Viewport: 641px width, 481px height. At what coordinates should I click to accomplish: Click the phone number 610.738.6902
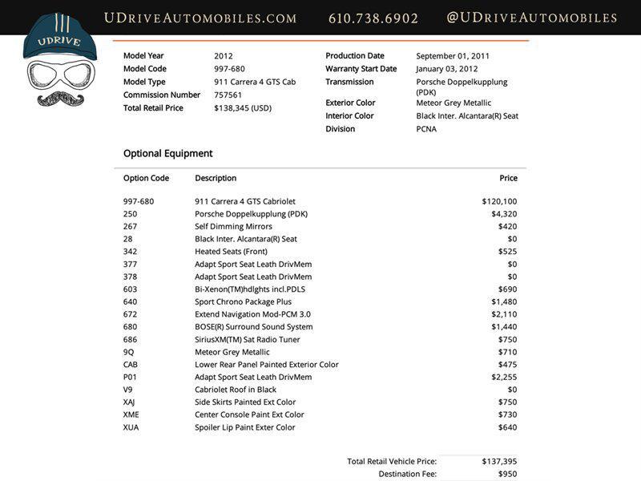click(x=373, y=18)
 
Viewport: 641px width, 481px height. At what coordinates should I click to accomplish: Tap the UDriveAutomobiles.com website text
click(x=200, y=18)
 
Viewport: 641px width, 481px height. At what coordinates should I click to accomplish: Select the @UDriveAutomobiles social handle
click(x=532, y=18)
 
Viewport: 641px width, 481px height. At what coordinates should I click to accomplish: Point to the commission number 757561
click(x=228, y=95)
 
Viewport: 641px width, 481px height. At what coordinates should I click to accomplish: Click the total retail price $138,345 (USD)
click(x=243, y=107)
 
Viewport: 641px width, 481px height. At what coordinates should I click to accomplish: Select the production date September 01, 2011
click(x=453, y=56)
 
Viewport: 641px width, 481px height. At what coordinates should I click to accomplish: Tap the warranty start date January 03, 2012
click(x=447, y=69)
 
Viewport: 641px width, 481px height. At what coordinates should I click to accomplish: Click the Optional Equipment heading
click(x=168, y=153)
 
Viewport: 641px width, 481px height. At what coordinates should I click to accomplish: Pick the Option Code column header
click(x=147, y=178)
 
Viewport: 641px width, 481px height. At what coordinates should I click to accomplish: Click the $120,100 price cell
click(x=499, y=201)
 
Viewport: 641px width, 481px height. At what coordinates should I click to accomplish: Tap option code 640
click(x=131, y=301)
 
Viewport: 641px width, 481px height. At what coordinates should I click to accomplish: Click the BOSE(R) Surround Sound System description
click(x=254, y=327)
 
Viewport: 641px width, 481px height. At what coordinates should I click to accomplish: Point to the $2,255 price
click(x=504, y=377)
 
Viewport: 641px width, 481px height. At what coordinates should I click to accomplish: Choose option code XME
click(x=131, y=414)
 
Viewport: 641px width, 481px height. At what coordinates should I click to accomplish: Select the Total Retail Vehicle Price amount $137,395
click(x=499, y=461)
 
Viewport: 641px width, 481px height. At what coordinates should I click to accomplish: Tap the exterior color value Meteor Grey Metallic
click(x=454, y=103)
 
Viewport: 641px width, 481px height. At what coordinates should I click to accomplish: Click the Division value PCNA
click(x=427, y=129)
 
